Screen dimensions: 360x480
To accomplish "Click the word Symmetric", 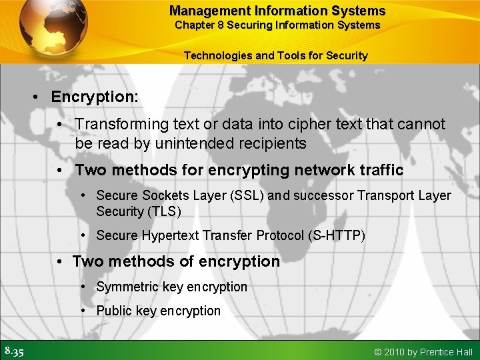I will [x=128, y=287].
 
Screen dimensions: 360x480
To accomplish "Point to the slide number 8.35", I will [x=13, y=351].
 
